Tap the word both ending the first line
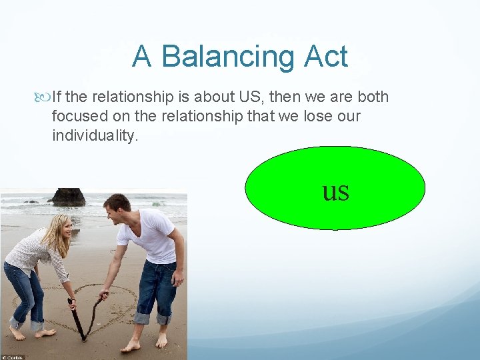pyautogui.click(x=373, y=97)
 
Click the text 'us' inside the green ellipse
pyautogui.click(x=335, y=191)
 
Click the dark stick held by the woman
pyautogui.click(x=75, y=319)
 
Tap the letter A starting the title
pyautogui.click(x=141, y=57)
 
